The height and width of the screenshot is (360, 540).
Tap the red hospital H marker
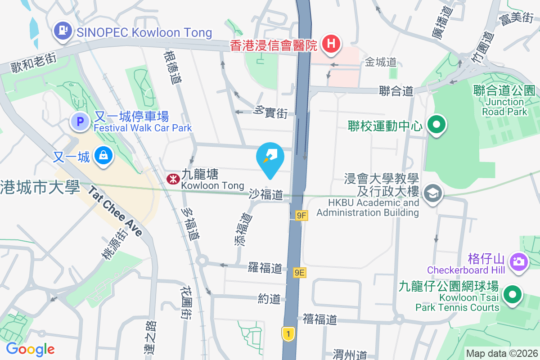331,44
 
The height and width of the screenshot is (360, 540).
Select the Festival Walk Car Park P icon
81,121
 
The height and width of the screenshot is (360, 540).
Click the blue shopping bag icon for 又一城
103,156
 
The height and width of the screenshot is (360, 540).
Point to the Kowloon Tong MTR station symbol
172,179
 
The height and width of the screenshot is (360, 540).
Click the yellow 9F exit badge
301,216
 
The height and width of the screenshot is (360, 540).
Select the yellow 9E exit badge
300,272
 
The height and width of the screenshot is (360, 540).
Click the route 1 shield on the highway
288,333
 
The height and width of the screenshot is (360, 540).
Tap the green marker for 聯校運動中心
436,125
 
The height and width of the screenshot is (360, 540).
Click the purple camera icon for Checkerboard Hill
518,261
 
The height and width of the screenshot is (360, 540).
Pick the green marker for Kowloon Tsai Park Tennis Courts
512,296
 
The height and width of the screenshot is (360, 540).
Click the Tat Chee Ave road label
115,212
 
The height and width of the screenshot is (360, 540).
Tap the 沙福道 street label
266,194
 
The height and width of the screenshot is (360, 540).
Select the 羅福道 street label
265,268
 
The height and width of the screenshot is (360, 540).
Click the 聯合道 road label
396,91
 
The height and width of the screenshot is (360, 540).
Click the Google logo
30,349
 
